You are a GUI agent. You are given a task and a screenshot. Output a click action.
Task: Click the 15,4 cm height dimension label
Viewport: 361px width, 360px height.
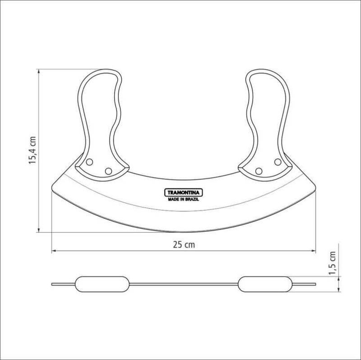[32, 150]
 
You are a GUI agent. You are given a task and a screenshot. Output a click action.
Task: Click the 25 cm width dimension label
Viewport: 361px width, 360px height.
[184, 244]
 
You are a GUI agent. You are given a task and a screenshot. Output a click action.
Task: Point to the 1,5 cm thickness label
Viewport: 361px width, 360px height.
[332, 263]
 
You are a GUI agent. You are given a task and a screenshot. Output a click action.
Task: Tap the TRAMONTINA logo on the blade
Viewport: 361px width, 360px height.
[184, 193]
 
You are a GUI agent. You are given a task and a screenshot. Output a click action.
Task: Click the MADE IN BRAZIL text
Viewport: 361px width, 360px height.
[184, 200]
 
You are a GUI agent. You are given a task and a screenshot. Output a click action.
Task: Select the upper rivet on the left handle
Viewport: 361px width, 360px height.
[89, 162]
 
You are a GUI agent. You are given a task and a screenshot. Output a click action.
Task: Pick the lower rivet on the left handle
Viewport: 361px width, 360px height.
[108, 171]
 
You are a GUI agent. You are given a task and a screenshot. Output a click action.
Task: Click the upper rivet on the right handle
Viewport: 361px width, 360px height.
[278, 162]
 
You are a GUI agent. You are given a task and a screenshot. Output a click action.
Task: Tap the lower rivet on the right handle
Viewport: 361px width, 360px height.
[259, 171]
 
